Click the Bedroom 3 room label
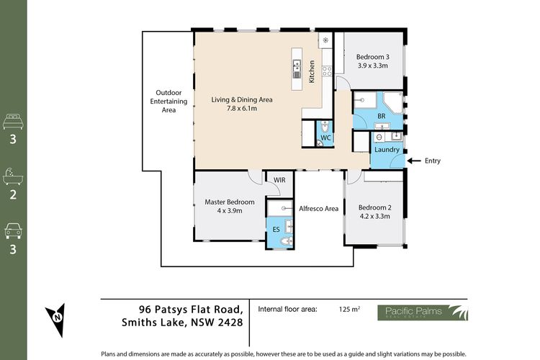373,57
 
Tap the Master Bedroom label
230,202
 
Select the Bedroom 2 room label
374,207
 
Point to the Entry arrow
414,161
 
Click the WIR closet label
279,180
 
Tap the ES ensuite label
276,230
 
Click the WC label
325,138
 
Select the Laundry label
387,150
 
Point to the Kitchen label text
312,72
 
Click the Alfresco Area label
318,208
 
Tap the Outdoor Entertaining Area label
168,102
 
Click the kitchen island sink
297,69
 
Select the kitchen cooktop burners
327,71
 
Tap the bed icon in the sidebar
13,121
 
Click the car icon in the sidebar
13,231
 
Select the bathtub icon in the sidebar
13,176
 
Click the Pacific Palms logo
423,312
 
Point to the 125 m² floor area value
349,309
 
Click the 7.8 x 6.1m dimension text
242,108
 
